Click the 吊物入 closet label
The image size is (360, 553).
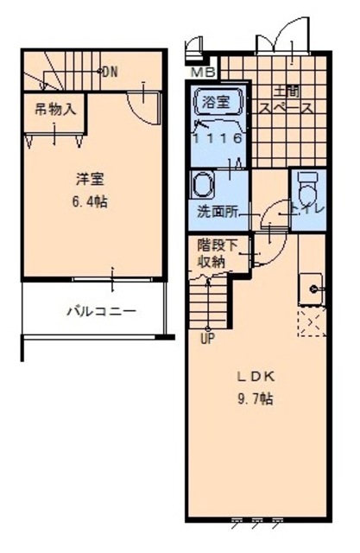[x=55, y=110]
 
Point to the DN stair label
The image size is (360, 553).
[x=109, y=72]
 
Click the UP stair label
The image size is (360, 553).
[x=208, y=338]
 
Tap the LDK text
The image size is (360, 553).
[x=256, y=377]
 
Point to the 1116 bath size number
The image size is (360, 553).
[x=217, y=137]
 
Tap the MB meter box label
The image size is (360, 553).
[x=204, y=72]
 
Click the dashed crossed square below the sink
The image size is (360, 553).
[x=310, y=326]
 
